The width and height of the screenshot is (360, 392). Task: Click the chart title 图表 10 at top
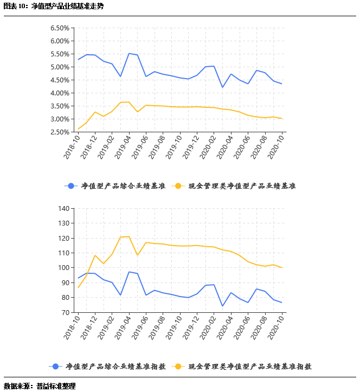[53, 7]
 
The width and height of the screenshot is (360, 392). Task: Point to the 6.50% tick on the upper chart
[60, 28]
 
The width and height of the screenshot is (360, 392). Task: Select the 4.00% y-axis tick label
[60, 93]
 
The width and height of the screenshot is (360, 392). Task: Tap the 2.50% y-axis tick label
[60, 132]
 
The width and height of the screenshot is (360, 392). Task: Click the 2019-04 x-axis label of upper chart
[123, 146]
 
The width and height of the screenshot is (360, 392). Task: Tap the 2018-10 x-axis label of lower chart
[73, 327]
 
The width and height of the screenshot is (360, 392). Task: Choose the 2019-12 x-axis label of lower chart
[191, 327]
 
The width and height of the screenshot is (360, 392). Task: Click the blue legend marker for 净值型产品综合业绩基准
[69, 186]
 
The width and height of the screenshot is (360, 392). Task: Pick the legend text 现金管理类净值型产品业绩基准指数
[250, 367]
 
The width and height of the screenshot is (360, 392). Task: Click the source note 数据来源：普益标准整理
[40, 386]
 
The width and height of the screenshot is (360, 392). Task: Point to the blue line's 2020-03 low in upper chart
[222, 87]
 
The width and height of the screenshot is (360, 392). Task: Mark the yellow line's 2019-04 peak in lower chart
[129, 236]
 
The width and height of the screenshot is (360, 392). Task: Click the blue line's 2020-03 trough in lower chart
[222, 306]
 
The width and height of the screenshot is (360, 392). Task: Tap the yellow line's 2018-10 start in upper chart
[78, 129]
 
